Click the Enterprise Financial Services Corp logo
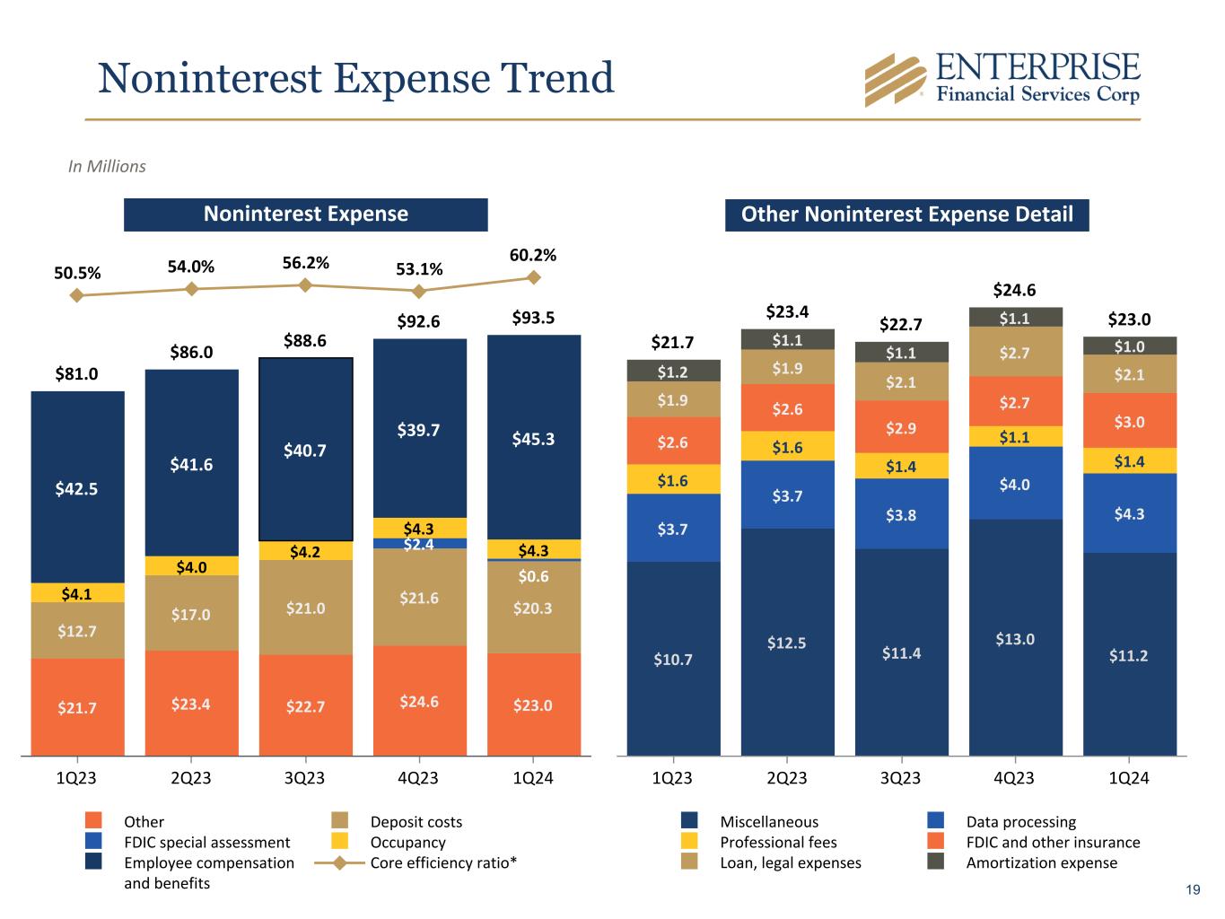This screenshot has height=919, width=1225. (x=1002, y=79)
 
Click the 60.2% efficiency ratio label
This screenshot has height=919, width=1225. (x=533, y=255)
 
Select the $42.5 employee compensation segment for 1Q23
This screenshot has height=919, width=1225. (x=77, y=488)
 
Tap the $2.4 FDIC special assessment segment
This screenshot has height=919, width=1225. (x=419, y=543)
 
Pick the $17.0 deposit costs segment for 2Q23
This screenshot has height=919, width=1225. (x=191, y=614)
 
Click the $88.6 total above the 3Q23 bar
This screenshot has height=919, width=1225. (x=305, y=340)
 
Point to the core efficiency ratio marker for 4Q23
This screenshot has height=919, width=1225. (x=419, y=291)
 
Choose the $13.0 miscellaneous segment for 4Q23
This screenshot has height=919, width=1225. (x=1015, y=638)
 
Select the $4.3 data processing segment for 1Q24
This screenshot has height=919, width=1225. (x=1129, y=513)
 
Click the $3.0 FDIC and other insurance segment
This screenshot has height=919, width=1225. (x=1129, y=421)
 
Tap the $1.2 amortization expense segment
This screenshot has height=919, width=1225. (x=673, y=371)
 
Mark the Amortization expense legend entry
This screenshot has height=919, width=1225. (x=1041, y=862)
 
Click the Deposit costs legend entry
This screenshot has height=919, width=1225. (x=416, y=821)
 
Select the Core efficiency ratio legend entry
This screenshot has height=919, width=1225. (x=443, y=862)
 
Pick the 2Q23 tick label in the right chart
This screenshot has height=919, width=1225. (x=787, y=778)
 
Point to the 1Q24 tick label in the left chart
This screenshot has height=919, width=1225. (x=533, y=778)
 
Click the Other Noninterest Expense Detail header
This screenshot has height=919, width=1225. (x=906, y=214)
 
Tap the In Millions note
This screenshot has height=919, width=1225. (x=107, y=166)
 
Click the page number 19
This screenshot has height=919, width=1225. (x=1193, y=890)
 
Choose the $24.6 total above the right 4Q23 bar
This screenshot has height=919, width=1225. (x=1015, y=290)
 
